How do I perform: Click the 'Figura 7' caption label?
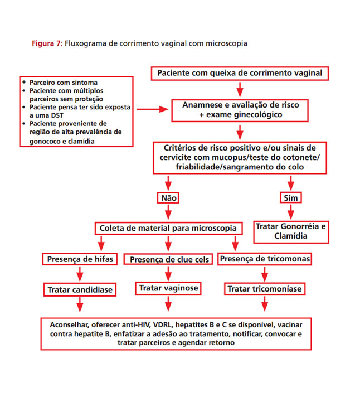(x=46, y=43)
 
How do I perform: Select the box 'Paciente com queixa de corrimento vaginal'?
(x=240, y=73)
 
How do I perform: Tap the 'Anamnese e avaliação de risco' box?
(x=240, y=110)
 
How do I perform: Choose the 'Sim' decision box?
(x=290, y=197)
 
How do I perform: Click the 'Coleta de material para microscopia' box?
(x=168, y=228)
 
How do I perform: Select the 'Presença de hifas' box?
(x=79, y=259)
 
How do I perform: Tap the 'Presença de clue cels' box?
(x=168, y=259)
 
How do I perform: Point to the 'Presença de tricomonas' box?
(x=265, y=259)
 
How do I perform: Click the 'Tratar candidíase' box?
(x=80, y=289)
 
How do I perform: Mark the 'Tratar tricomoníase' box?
(x=264, y=289)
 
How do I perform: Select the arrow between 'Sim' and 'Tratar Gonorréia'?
(x=290, y=211)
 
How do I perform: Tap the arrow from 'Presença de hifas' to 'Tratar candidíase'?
(x=80, y=274)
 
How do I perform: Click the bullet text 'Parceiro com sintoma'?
(x=59, y=82)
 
